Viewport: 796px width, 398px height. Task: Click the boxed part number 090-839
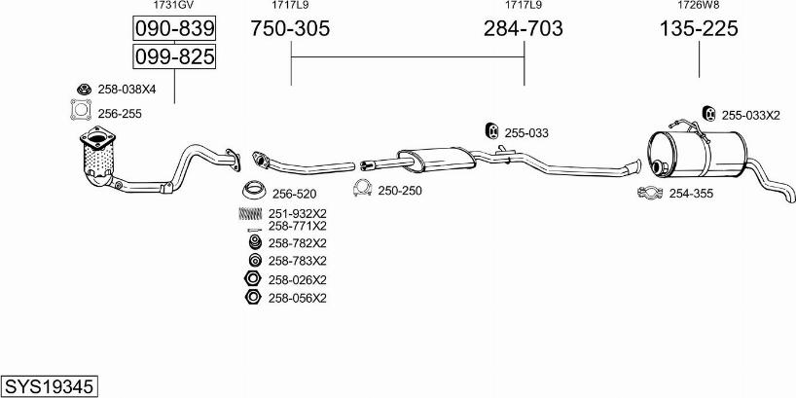point(174,28)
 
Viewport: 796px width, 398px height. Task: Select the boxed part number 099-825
point(174,55)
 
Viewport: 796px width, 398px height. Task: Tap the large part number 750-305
point(290,28)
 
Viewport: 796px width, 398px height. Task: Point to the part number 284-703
point(523,28)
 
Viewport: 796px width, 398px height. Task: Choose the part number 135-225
point(699,28)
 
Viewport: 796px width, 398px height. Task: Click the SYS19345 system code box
point(50,387)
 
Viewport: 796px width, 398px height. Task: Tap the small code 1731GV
point(173,5)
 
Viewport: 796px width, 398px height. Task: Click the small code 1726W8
point(699,5)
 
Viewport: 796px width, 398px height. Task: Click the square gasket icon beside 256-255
point(81,110)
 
